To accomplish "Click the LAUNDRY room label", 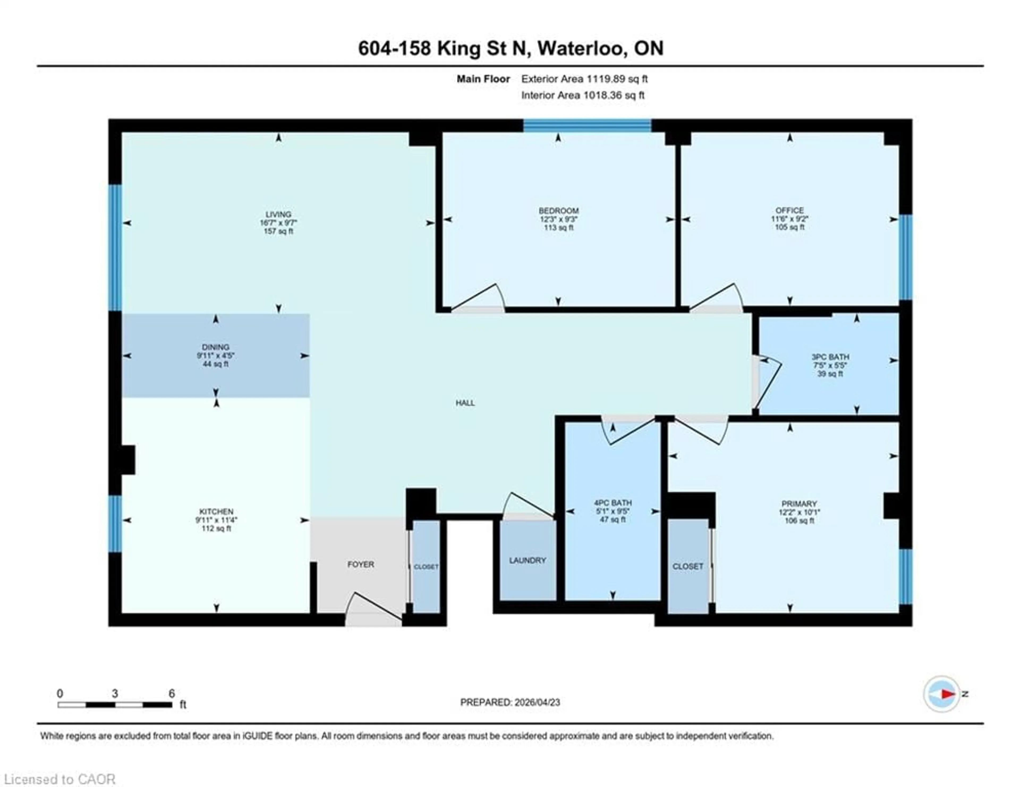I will point(527,560).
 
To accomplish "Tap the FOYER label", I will point(360,564).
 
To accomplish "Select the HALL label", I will point(465,403).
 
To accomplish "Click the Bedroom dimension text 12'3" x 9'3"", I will point(559,219).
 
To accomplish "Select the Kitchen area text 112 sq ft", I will point(216,528).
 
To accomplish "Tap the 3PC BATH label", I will point(830,357).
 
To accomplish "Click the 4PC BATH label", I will point(613,503).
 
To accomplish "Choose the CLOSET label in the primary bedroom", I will point(687,566).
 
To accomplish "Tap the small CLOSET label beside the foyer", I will point(426,567).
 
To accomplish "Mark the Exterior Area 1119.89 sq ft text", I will point(584,79).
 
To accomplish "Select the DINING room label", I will point(215,347).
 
